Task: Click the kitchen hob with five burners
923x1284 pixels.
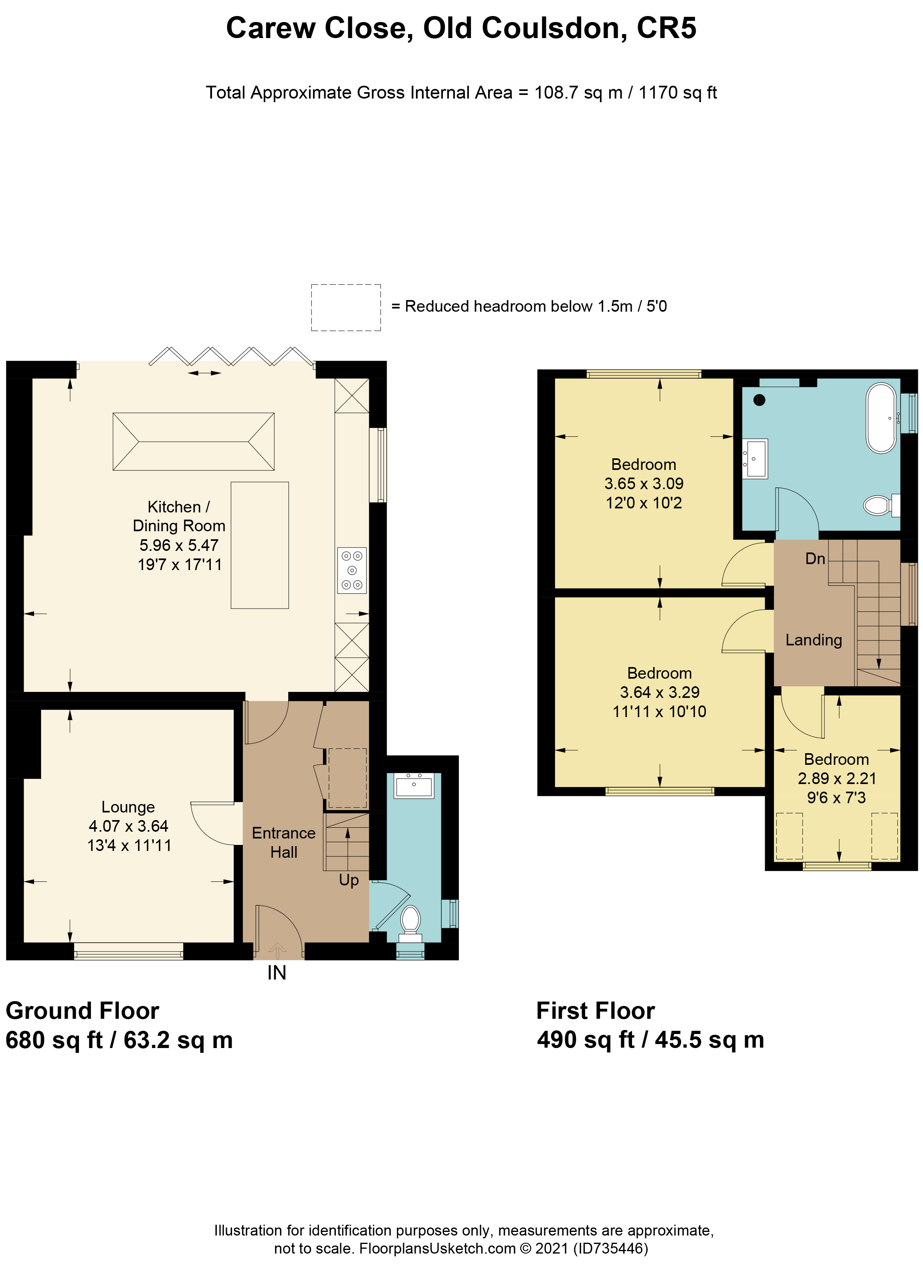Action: tap(351, 570)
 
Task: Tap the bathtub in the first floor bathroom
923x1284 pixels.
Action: tap(881, 418)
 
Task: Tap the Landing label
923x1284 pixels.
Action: tap(814, 640)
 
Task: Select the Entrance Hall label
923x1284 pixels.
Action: tap(284, 843)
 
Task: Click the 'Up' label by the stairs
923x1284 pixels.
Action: tap(349, 880)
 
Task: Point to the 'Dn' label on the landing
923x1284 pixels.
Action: tap(816, 559)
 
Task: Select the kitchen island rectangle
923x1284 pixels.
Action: tap(260, 545)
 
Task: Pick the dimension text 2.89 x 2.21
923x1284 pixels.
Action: tap(837, 778)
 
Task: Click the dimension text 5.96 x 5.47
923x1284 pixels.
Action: tap(179, 545)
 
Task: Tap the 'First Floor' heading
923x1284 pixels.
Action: tap(596, 1010)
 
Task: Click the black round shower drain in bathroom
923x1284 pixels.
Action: tap(759, 400)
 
